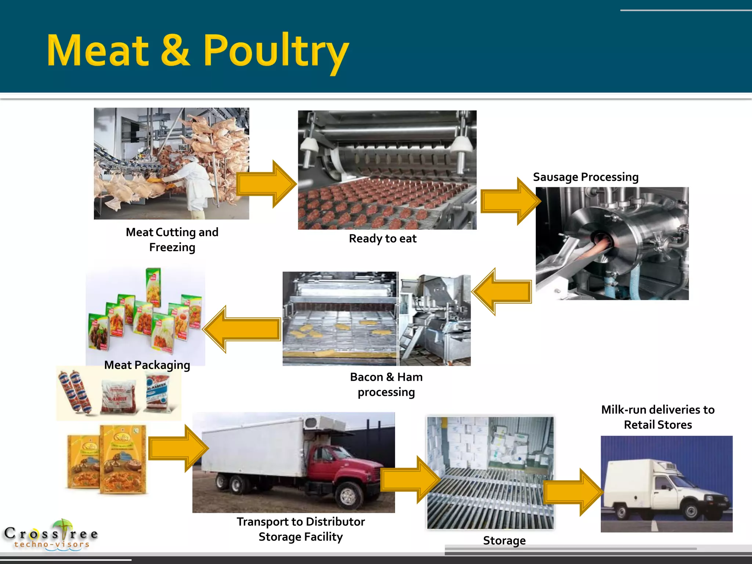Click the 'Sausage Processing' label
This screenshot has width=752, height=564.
(x=586, y=177)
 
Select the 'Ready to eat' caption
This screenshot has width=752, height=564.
(x=383, y=239)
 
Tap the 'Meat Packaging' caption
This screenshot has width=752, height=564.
(x=147, y=365)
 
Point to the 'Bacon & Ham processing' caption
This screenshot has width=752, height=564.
(x=386, y=384)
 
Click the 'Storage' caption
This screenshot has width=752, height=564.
(x=504, y=540)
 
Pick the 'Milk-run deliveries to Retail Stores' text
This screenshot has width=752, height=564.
(x=658, y=417)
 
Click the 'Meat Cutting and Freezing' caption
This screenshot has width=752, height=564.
(x=172, y=239)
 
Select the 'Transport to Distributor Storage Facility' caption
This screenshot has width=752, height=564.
(x=301, y=529)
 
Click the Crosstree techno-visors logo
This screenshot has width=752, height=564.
(x=51, y=535)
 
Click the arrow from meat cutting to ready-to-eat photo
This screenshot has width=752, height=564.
(x=266, y=184)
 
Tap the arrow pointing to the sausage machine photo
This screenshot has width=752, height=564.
(x=510, y=201)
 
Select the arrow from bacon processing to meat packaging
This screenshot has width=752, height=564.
(x=242, y=329)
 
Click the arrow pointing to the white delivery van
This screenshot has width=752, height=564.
(x=573, y=492)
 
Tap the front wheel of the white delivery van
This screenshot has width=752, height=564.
(x=691, y=511)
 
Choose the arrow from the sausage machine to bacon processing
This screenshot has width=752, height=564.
(x=502, y=292)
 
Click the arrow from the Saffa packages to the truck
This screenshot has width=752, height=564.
(x=178, y=448)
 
